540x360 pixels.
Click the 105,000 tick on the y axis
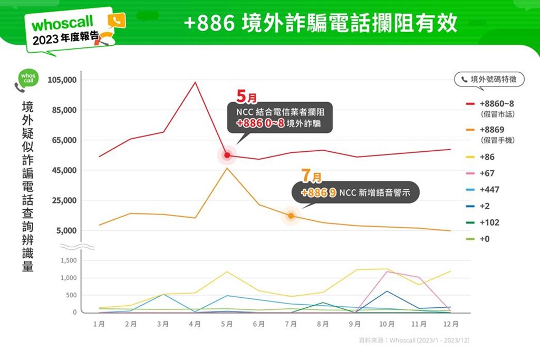63,80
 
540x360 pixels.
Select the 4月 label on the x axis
195,324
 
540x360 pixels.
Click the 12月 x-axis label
451,324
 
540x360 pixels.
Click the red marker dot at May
227,155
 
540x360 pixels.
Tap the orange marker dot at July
291,216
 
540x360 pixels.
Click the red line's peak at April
195,82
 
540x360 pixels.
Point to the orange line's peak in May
227,168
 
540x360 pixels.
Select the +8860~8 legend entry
496,103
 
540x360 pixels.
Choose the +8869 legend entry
493,129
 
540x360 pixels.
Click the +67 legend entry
487,173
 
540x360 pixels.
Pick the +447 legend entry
489,189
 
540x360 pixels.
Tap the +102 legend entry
489,222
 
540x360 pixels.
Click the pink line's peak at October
387,272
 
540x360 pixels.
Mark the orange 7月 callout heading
311,176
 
